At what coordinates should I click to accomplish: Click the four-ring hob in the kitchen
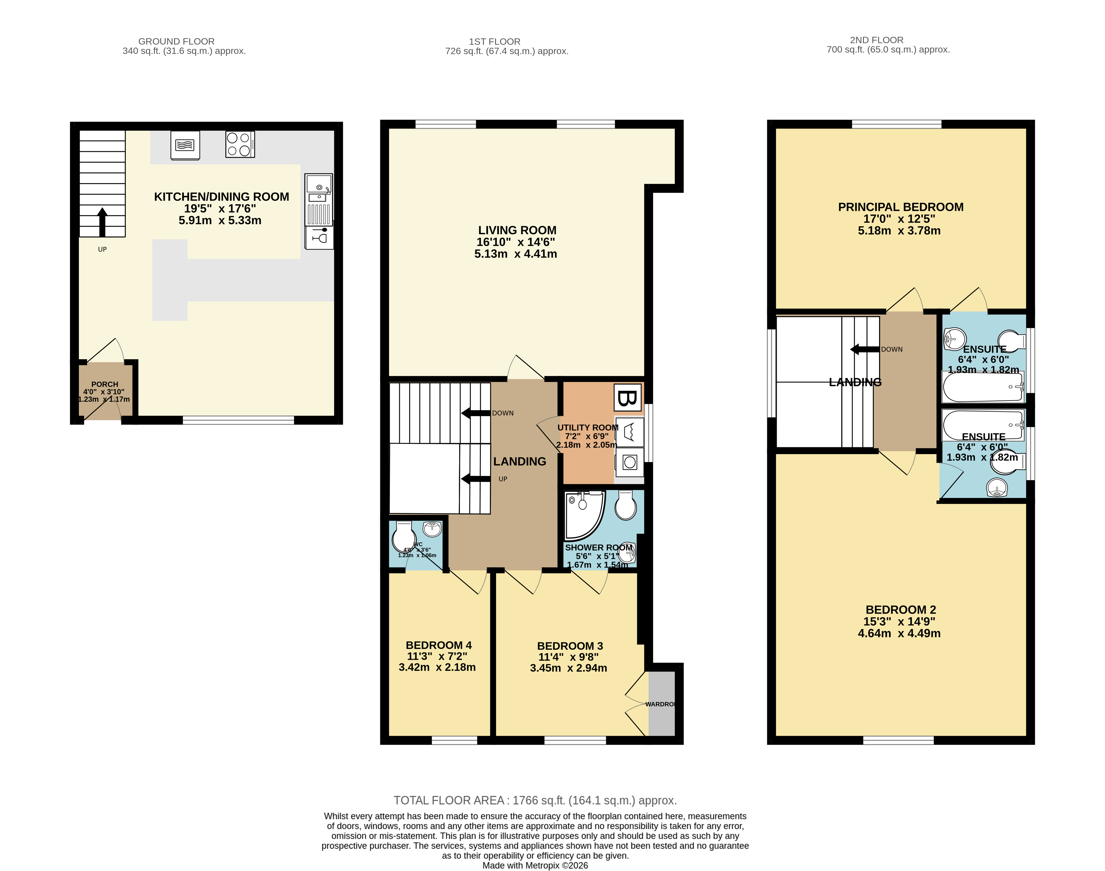(x=239, y=144)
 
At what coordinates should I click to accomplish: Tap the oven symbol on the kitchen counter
(x=185, y=145)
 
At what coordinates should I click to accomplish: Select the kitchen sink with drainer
(x=319, y=200)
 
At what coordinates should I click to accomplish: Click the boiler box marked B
(x=627, y=398)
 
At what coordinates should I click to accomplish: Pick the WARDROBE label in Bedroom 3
(x=661, y=704)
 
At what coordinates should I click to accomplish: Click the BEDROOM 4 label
(x=438, y=645)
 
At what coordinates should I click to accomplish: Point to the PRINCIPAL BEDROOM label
(x=901, y=207)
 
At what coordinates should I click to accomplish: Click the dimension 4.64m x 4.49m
(x=899, y=633)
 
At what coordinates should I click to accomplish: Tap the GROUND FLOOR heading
(x=176, y=41)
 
